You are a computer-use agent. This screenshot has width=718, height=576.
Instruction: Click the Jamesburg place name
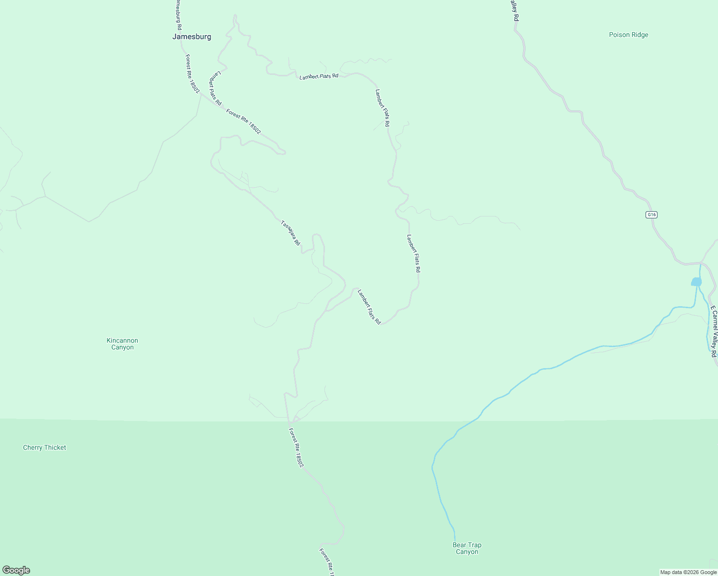pyautogui.click(x=191, y=36)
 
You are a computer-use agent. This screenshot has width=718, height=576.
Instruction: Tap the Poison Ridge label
pyautogui.click(x=628, y=35)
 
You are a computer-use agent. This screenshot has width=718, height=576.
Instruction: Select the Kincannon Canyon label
pyautogui.click(x=122, y=344)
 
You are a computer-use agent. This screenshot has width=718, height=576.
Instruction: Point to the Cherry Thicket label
pyautogui.click(x=45, y=447)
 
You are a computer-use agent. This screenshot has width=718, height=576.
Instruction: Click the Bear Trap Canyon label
pyautogui.click(x=467, y=548)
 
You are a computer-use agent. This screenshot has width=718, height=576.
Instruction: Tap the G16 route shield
pyautogui.click(x=651, y=215)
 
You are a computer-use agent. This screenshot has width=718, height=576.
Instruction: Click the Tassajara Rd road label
pyautogui.click(x=290, y=233)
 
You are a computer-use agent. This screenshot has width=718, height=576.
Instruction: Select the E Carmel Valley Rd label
pyautogui.click(x=714, y=331)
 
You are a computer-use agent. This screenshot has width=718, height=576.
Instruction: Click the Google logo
pyautogui.click(x=16, y=570)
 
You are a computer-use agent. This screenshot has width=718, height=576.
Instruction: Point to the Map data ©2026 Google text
pyautogui.click(x=688, y=572)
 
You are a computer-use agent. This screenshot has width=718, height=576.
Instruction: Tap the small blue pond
pyautogui.click(x=696, y=282)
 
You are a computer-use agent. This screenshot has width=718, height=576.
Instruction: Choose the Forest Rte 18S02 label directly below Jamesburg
pyautogui.click(x=192, y=73)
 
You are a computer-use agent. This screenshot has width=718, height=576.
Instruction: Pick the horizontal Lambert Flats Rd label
pyautogui.click(x=319, y=76)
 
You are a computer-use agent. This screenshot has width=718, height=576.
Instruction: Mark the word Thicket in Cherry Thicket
pyautogui.click(x=55, y=447)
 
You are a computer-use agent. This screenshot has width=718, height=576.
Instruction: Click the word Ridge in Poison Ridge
pyautogui.click(x=639, y=35)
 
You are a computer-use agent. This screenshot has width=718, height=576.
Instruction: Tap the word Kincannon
pyautogui.click(x=122, y=340)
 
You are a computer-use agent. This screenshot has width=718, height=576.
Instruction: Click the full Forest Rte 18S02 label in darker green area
pyautogui.click(x=296, y=448)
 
